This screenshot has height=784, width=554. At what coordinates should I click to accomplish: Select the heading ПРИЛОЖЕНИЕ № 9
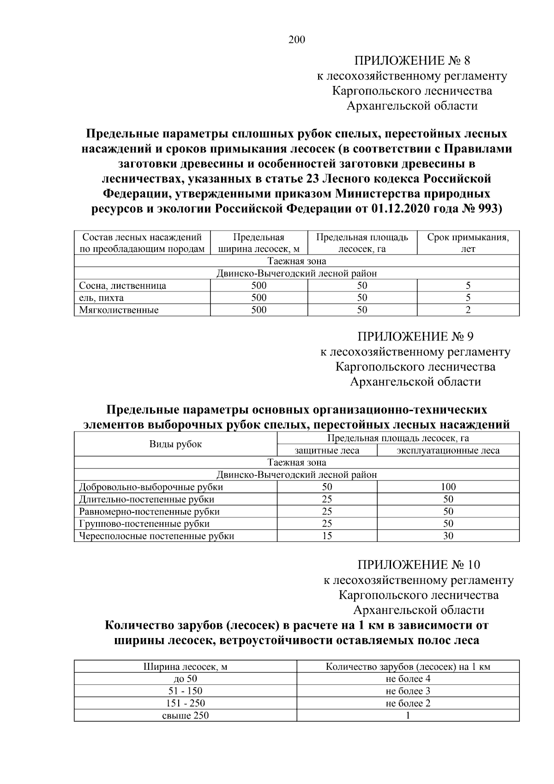tap(415, 336)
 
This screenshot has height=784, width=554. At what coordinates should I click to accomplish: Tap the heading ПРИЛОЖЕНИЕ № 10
tap(418, 565)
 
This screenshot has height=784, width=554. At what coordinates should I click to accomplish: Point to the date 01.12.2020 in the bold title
tap(400, 208)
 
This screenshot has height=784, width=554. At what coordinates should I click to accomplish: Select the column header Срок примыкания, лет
tap(468, 243)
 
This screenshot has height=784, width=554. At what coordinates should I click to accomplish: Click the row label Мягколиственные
tap(119, 310)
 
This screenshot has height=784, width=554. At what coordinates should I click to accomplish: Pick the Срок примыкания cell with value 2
tap(468, 310)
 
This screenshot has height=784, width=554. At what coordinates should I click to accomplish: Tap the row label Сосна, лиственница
tap(122, 286)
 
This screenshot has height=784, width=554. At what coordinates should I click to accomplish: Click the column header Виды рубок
tap(175, 444)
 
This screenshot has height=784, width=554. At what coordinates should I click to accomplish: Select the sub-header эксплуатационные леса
tap(448, 450)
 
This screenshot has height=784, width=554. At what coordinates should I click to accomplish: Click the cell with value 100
tap(448, 487)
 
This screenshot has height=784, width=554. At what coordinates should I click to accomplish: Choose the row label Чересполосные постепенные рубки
tap(157, 536)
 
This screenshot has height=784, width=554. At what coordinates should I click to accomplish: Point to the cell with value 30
tap(448, 536)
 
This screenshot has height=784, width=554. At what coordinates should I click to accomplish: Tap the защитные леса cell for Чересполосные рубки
tap(327, 536)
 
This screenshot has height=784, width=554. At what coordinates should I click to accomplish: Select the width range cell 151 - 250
tap(185, 703)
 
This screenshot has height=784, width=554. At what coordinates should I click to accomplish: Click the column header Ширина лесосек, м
tap(185, 667)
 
